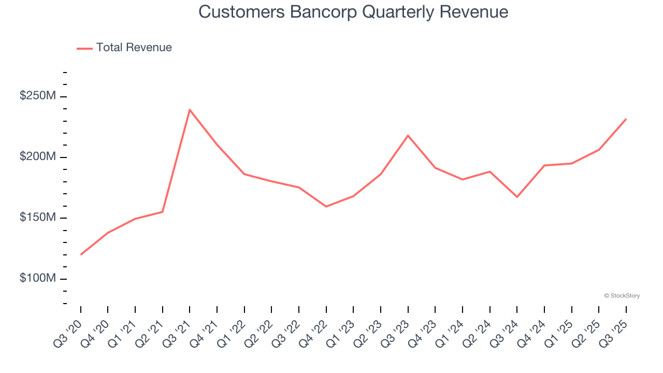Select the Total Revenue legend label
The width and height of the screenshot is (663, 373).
pos(134,48)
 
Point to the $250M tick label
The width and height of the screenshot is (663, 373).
pos(37,96)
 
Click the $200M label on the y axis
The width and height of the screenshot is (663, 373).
pos(37,157)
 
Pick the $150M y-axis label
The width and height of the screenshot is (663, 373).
pos(37,218)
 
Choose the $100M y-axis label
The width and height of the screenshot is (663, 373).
pos(37,278)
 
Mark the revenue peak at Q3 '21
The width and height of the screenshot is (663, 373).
pos(190,110)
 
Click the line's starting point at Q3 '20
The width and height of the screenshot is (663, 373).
pos(81,254)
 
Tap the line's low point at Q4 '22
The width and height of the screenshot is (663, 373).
pos(326,207)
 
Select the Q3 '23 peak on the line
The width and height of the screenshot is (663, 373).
pos(408,135)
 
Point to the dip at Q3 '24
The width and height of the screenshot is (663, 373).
pos(517,197)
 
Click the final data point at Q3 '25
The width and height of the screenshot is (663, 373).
pos(626,119)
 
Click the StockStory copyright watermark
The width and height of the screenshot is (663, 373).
pos(622,296)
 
